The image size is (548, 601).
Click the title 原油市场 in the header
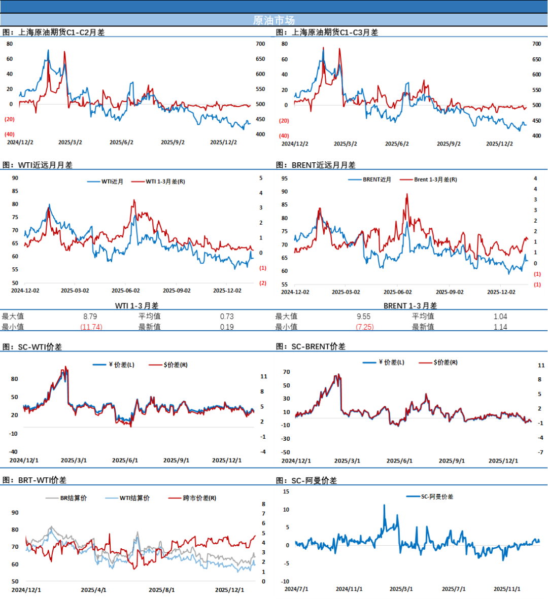pos(273,20)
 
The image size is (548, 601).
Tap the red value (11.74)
pos(91,327)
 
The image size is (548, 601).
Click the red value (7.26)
pos(365,327)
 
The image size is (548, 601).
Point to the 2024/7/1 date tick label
pos(296,589)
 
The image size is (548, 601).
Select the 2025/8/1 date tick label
pos(162,590)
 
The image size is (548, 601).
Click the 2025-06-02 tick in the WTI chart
pos(126,291)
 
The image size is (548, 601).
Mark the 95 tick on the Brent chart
pos(285,179)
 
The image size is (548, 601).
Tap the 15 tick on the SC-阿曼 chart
pos(286,491)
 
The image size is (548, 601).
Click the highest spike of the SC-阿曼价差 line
pos(384,505)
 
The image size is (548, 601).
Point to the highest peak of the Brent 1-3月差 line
pos(407,194)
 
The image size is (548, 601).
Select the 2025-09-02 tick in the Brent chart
pos(450,292)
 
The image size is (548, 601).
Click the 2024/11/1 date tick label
pos(349,589)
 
